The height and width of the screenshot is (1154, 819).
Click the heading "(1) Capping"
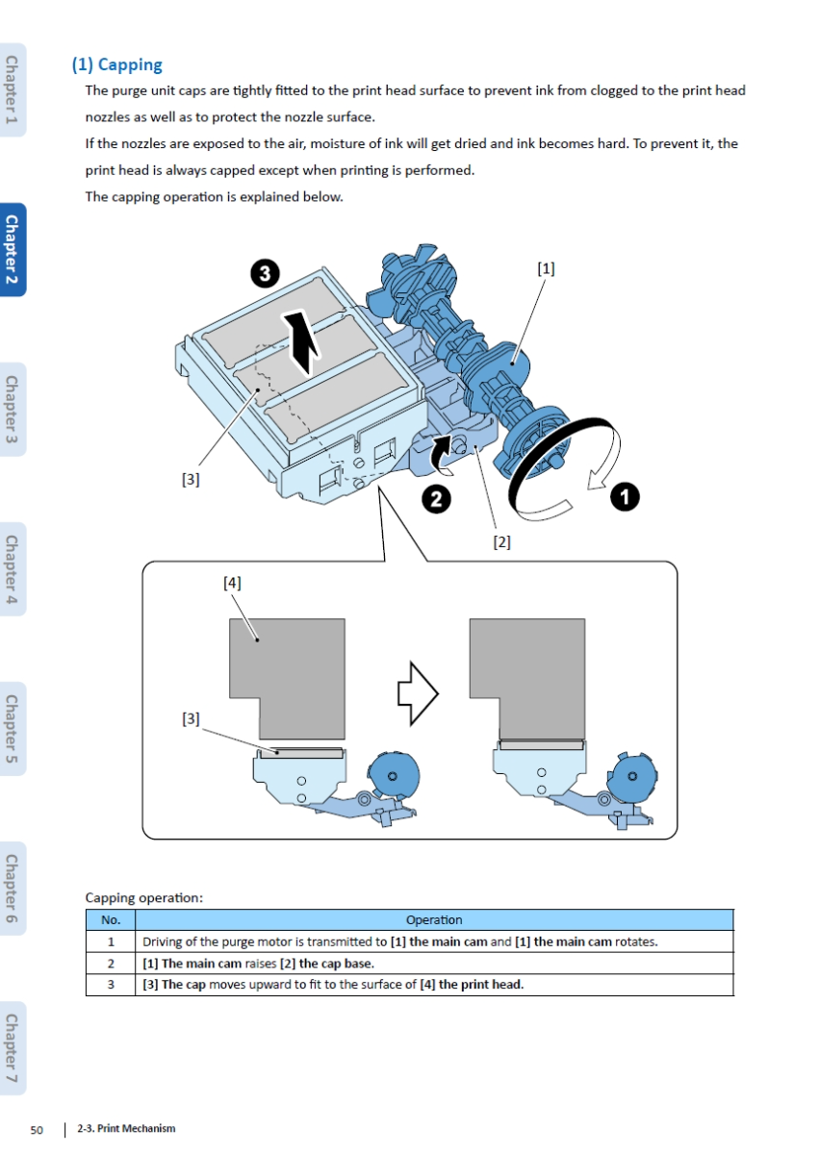tap(116, 64)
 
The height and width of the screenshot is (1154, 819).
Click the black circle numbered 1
tap(625, 497)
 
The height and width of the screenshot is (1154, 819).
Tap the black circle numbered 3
tap(265, 274)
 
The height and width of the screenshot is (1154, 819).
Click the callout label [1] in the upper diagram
tap(546, 268)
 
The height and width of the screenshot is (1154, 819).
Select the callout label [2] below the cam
tap(501, 542)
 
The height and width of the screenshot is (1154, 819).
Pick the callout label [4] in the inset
tap(232, 583)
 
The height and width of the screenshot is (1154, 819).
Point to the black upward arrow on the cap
tap(303, 341)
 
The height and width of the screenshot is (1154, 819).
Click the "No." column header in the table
tap(111, 920)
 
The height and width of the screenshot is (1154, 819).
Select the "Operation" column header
tap(434, 920)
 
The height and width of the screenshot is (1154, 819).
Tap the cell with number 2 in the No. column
tap(111, 964)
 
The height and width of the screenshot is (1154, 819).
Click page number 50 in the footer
tap(38, 1129)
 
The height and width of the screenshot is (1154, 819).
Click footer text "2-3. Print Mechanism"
tap(126, 1129)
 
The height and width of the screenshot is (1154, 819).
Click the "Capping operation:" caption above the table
tap(144, 898)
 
